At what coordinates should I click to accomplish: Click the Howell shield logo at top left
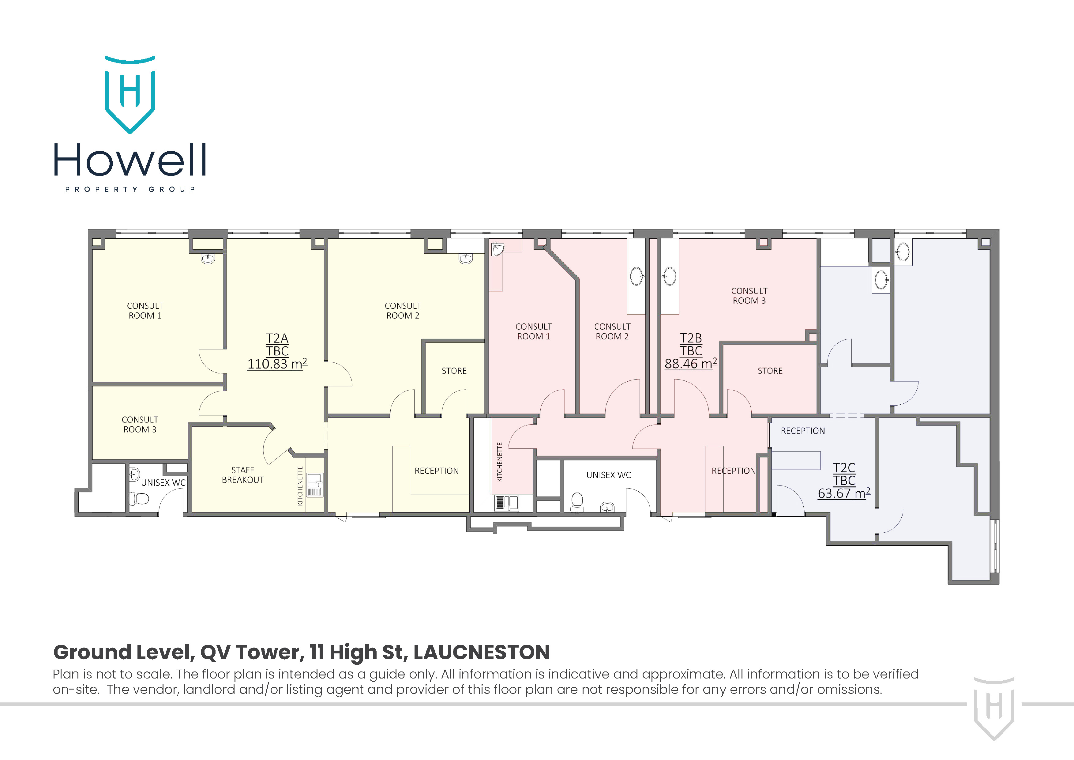(x=130, y=95)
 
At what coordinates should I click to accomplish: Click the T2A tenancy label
(x=277, y=338)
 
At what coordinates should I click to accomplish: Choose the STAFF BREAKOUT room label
(x=243, y=475)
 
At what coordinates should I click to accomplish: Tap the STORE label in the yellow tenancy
(x=454, y=371)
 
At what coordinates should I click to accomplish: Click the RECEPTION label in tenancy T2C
(x=803, y=430)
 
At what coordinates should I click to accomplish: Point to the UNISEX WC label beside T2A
(x=163, y=482)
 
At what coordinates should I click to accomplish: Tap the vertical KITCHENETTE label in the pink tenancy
(x=500, y=462)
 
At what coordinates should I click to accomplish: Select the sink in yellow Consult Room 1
(x=208, y=258)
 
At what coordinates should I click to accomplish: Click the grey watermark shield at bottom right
(x=994, y=708)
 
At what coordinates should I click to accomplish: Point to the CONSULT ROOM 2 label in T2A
(x=403, y=311)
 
